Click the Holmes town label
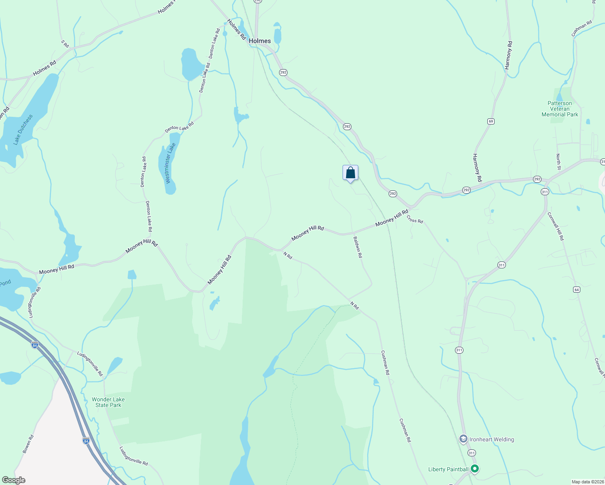point(260,41)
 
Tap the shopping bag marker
point(350,173)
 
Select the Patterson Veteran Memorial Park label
point(560,109)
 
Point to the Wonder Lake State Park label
point(108,402)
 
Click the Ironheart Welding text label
point(491,439)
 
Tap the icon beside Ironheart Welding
point(463,439)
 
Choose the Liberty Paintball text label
point(448,469)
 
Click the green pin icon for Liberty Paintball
point(475,469)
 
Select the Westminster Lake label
point(171,163)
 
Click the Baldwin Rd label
point(358,247)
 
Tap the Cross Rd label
point(415,219)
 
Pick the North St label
point(558,162)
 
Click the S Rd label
point(65,44)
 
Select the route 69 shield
point(491,121)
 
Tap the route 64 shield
point(576,289)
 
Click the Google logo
point(13,480)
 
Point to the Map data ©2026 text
point(587,482)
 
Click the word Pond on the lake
point(5,282)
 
